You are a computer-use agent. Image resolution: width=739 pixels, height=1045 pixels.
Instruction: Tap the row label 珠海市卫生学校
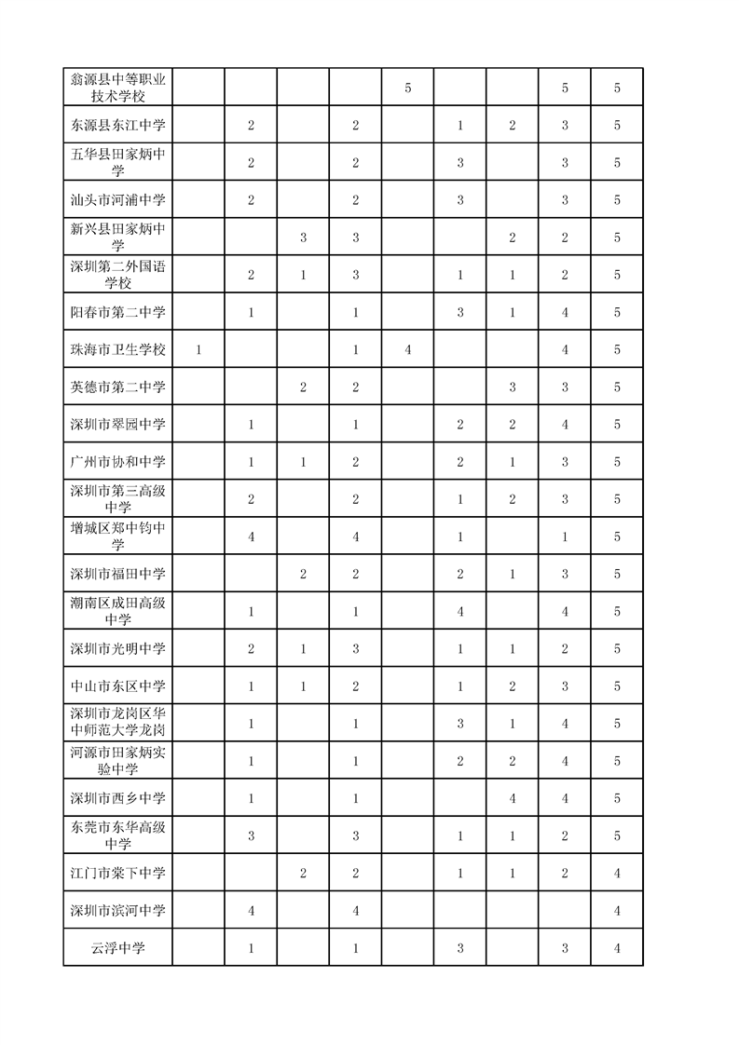pyautogui.click(x=117, y=349)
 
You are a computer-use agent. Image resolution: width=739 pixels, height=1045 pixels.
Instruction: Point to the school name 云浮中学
pyautogui.click(x=117, y=947)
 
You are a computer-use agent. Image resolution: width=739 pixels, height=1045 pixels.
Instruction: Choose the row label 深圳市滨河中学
pyautogui.click(x=117, y=910)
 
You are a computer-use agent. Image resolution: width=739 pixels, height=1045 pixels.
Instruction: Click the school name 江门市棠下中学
pyautogui.click(x=117, y=873)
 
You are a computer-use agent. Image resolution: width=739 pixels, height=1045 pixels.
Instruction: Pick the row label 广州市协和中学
pyautogui.click(x=117, y=461)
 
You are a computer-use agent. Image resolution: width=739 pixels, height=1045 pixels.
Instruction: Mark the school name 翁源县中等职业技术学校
pyautogui.click(x=117, y=88)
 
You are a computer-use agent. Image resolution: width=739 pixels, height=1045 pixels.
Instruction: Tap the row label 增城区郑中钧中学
pyautogui.click(x=117, y=536)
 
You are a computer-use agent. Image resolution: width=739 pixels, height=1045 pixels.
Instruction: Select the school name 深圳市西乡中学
pyautogui.click(x=117, y=798)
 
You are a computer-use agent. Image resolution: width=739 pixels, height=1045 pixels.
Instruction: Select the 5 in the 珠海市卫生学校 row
pyautogui.click(x=617, y=349)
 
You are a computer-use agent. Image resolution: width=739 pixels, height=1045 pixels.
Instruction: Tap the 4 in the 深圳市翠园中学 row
pyautogui.click(x=565, y=424)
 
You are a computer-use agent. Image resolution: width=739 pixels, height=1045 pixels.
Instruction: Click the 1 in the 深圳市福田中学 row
pyautogui.click(x=513, y=574)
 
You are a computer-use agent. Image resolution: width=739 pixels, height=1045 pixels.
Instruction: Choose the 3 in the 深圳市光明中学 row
pyautogui.click(x=355, y=648)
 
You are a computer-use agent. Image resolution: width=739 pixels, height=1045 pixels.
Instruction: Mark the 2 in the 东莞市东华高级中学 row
pyautogui.click(x=565, y=835)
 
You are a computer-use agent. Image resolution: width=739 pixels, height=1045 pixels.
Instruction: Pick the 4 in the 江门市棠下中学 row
pyautogui.click(x=617, y=873)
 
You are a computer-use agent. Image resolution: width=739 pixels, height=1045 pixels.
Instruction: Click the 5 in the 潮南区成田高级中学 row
pyautogui.click(x=617, y=611)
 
